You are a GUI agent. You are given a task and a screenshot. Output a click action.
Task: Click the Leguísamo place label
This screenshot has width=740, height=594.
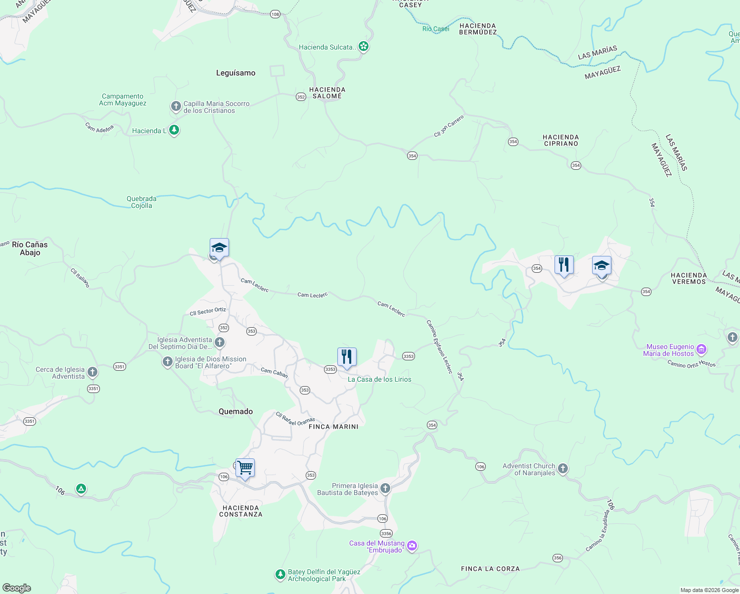point(236,73)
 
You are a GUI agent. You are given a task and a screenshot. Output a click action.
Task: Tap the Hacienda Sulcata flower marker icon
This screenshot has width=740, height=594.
point(364,47)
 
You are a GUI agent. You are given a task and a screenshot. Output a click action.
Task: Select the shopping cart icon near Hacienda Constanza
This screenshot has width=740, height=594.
point(245,467)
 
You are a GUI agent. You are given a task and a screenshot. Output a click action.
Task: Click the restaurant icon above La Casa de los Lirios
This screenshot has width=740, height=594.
point(347,356)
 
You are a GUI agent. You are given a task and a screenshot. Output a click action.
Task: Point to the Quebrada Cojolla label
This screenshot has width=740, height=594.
point(141,202)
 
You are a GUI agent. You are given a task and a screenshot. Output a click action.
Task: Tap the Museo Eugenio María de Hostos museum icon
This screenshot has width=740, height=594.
point(701,350)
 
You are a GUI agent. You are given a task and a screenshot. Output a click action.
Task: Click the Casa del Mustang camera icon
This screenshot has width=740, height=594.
point(412,546)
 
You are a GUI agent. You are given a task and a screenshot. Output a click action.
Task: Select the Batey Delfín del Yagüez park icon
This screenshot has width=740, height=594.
point(280,575)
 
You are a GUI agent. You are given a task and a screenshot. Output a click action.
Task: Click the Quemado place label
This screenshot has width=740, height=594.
point(236,412)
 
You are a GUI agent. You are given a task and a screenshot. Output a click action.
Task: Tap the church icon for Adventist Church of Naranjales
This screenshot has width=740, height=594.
point(562,469)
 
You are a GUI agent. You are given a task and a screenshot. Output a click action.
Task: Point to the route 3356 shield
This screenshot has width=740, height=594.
point(386,534)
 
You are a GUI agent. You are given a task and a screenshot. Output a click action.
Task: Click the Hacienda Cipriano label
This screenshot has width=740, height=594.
point(560,141)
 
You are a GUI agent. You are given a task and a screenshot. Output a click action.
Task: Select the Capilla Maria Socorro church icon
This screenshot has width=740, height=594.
point(176,106)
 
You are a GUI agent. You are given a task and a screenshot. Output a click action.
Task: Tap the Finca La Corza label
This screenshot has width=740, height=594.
point(490,569)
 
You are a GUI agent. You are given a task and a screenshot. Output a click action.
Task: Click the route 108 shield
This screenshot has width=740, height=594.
point(276,14)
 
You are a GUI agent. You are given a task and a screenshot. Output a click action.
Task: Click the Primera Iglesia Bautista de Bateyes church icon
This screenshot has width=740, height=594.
point(385,489)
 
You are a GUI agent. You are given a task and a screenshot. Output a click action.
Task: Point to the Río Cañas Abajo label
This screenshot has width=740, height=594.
point(30,248)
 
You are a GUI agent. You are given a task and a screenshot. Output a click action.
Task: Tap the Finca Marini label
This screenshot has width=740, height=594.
point(333,427)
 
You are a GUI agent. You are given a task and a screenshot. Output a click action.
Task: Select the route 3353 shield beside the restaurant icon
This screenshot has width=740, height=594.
point(330,369)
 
